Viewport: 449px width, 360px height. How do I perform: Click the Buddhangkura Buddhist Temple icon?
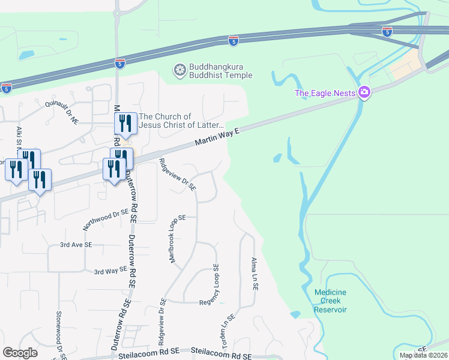pos(179,71)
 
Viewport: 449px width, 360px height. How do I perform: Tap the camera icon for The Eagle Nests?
pos(363,92)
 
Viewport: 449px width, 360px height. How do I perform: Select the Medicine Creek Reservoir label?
pos(330,301)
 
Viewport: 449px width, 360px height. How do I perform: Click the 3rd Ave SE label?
pos(76,245)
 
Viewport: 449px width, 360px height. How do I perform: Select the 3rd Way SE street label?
pos(111,271)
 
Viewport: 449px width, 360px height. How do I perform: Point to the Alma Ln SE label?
pos(255,275)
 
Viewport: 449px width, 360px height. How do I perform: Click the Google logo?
pos(20,352)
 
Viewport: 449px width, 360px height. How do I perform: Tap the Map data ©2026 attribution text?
pos(424,355)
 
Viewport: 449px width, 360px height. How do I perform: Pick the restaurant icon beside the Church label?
pos(126,124)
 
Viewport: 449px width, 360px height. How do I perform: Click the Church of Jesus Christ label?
pos(181,121)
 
